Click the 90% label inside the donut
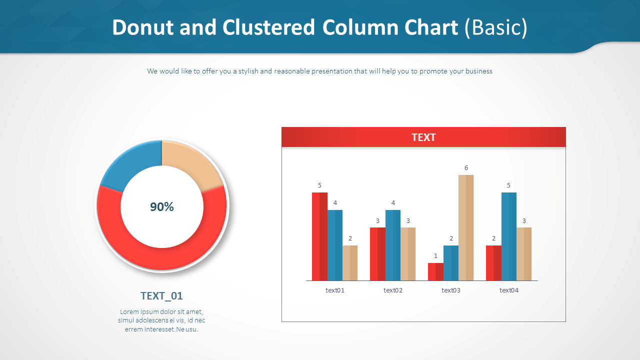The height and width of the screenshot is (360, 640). coord(161,206)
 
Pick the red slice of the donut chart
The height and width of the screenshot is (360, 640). coord(161,251)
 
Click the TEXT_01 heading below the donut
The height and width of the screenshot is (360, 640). coord(161,295)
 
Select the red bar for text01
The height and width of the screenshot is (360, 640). coord(319,236)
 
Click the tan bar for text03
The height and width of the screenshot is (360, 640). coord(466,227)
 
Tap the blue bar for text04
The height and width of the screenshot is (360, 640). coord(509,236)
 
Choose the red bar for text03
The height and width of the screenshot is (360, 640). coord(435,271)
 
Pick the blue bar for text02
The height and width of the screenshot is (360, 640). coord(393,245)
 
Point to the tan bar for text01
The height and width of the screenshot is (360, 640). coord(350,263)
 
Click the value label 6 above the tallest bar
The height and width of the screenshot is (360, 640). coord(466,167)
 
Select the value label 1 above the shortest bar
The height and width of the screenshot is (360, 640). coord(435,255)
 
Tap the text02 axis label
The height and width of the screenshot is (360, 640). coord(393,290)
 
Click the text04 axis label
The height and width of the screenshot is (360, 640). coord(509,290)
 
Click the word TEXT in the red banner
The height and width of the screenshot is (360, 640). coord(423,137)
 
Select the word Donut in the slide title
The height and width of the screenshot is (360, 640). coord(143,27)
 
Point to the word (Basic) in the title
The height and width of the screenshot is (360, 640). coord(496,27)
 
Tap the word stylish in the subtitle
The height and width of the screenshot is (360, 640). coord(248,71)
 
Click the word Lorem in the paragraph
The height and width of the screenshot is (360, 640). coord(129,311)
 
